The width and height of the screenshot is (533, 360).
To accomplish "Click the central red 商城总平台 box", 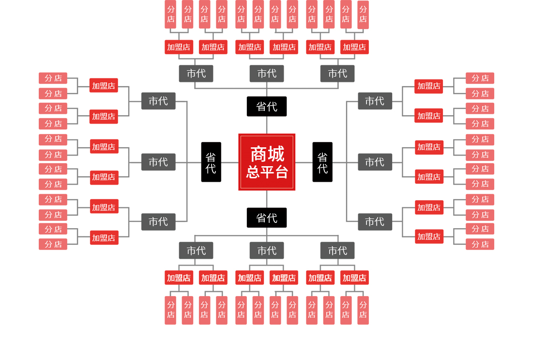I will (x=266, y=162).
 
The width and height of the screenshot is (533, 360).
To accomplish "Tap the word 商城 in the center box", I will (x=267, y=154).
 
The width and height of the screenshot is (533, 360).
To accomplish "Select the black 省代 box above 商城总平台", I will (x=267, y=107).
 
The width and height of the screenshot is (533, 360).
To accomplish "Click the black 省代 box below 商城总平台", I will (x=267, y=218).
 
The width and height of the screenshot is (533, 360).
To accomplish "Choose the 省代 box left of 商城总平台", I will (x=211, y=162).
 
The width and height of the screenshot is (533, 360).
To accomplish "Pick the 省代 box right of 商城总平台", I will (x=322, y=162).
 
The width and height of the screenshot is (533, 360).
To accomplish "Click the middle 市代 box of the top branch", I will (x=267, y=74).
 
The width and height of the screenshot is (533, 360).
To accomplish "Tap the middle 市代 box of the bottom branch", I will (x=267, y=250).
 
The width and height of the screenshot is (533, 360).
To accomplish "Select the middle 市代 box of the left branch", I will (x=158, y=162).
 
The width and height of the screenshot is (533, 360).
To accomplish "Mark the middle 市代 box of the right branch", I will (x=375, y=162).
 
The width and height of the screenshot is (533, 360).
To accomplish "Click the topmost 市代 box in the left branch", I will (x=158, y=101).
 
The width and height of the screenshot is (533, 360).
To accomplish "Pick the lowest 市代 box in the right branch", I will (x=375, y=222).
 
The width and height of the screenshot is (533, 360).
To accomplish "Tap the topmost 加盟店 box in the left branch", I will (x=104, y=86).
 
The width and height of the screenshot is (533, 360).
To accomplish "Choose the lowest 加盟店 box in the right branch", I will (x=429, y=236).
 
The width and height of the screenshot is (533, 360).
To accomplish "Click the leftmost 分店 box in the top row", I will (x=170, y=15).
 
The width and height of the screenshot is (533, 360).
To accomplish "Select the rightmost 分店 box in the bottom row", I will (x=363, y=310).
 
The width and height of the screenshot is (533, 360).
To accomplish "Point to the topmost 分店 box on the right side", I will (x=480, y=78).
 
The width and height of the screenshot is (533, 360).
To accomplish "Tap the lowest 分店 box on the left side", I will (x=53, y=244).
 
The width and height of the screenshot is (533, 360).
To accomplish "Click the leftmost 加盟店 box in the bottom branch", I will (x=179, y=278).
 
